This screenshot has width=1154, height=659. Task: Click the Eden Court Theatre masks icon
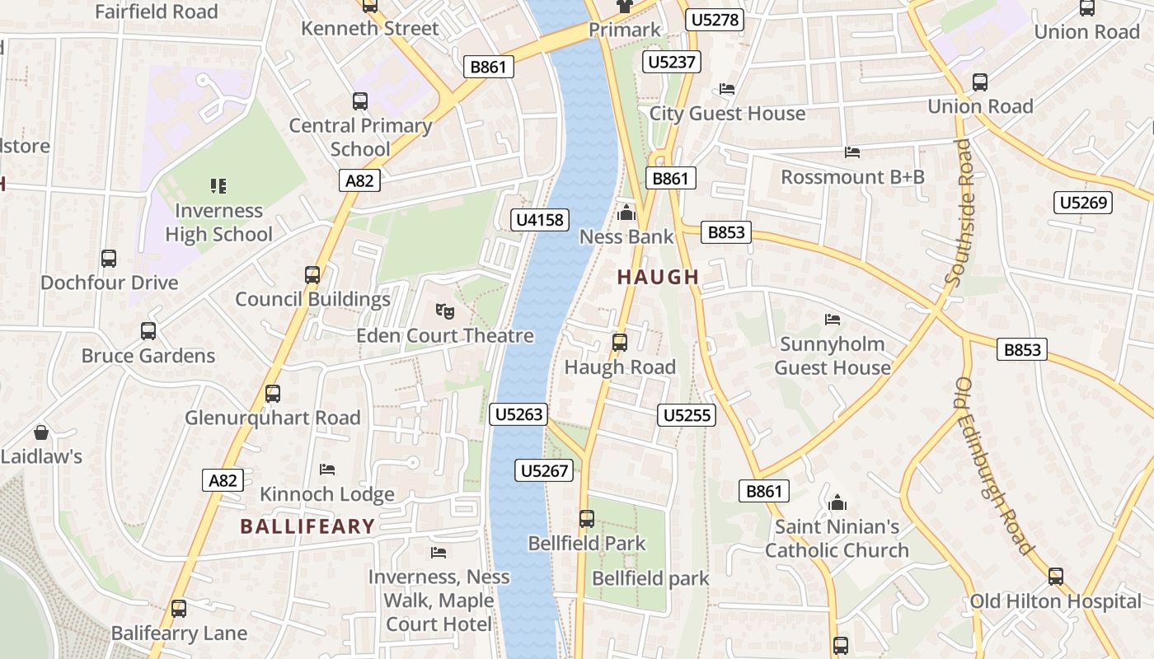click(x=445, y=311)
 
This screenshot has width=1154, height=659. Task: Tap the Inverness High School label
click(x=218, y=222)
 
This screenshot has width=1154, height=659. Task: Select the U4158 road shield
click(x=540, y=219)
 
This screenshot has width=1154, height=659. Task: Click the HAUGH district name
click(x=658, y=278)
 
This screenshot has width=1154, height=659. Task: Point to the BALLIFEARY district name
click(x=307, y=526)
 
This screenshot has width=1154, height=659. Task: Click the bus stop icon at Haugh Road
click(x=619, y=342)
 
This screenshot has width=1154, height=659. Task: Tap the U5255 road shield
click(x=687, y=415)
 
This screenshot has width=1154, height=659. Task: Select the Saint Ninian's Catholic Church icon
click(x=837, y=502)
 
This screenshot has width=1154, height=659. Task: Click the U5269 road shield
click(x=1083, y=203)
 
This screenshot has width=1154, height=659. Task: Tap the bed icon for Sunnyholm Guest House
click(x=833, y=319)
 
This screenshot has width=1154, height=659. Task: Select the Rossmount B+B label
click(x=852, y=177)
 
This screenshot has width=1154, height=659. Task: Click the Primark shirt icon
click(x=625, y=6)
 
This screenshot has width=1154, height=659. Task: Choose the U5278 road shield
click(x=715, y=20)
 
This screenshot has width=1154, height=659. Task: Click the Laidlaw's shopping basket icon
click(x=40, y=432)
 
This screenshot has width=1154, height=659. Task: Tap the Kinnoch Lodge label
click(x=327, y=494)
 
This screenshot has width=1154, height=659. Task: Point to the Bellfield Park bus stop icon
click(x=586, y=519)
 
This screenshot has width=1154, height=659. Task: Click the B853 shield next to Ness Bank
click(x=726, y=232)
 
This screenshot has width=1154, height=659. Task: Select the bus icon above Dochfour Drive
click(x=109, y=258)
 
